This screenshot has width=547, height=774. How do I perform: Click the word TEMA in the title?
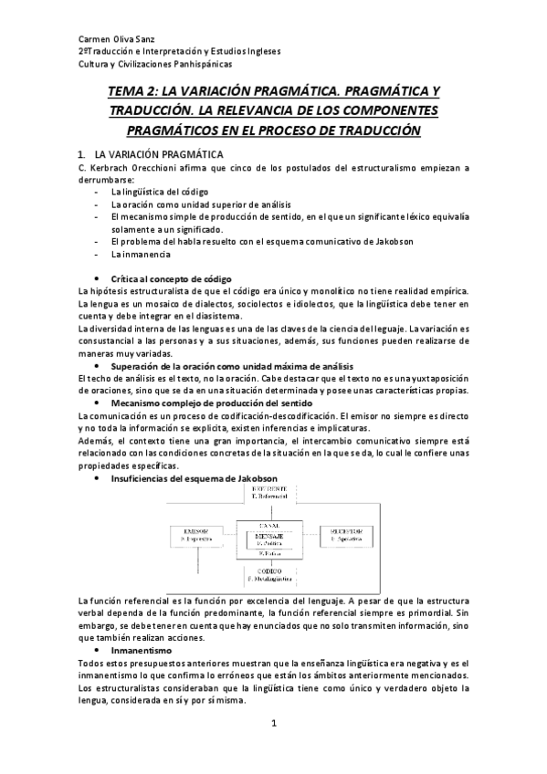127,92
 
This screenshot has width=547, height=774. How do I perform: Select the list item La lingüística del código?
153,193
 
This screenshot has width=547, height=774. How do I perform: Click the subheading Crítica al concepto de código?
172,277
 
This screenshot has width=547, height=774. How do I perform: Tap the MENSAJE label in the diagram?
275,536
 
